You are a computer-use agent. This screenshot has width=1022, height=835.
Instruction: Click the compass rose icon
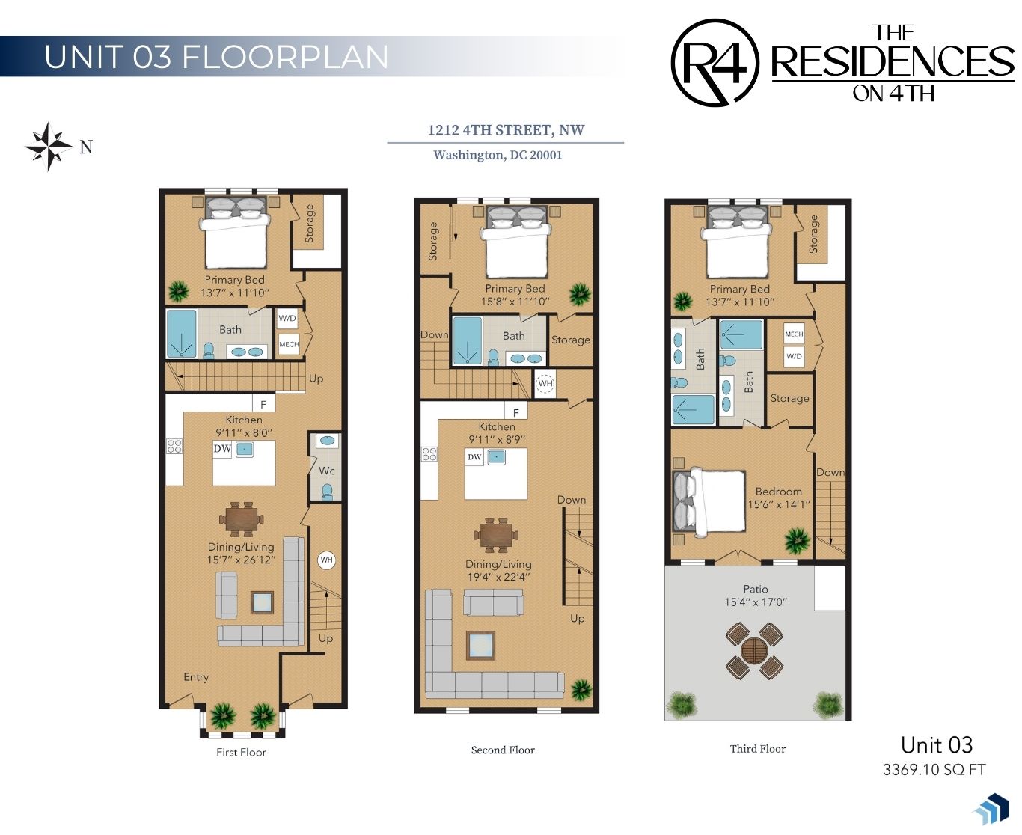click(x=49, y=147)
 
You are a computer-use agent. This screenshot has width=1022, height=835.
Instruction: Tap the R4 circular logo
click(x=715, y=63)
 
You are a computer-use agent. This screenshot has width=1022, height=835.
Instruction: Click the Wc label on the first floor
click(x=327, y=471)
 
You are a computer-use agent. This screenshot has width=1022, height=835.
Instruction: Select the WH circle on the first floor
click(x=327, y=560)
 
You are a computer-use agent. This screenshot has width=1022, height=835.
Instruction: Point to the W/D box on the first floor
click(x=287, y=319)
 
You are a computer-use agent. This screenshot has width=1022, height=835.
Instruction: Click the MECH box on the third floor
click(x=794, y=334)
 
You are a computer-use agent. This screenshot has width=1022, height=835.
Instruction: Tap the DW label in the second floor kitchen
click(x=474, y=457)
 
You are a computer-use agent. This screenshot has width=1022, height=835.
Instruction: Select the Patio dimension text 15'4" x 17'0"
click(x=756, y=602)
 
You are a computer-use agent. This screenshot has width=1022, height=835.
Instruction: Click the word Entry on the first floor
click(x=196, y=677)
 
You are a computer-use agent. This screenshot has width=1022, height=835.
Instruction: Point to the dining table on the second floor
click(x=496, y=535)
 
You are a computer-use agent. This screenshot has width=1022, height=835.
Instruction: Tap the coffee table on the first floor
click(x=262, y=603)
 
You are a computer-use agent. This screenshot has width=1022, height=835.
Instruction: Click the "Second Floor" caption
click(x=503, y=750)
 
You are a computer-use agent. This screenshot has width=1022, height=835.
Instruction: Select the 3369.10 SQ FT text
click(x=934, y=770)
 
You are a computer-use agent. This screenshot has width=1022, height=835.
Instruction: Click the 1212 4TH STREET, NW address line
click(x=506, y=130)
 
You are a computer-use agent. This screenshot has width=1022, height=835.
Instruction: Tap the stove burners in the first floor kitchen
click(x=174, y=446)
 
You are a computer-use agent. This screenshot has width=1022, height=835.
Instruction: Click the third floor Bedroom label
click(x=778, y=492)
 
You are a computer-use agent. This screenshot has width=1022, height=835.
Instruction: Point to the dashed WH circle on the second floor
click(x=545, y=383)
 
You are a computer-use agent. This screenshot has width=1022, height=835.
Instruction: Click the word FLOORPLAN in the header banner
click(x=285, y=57)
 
